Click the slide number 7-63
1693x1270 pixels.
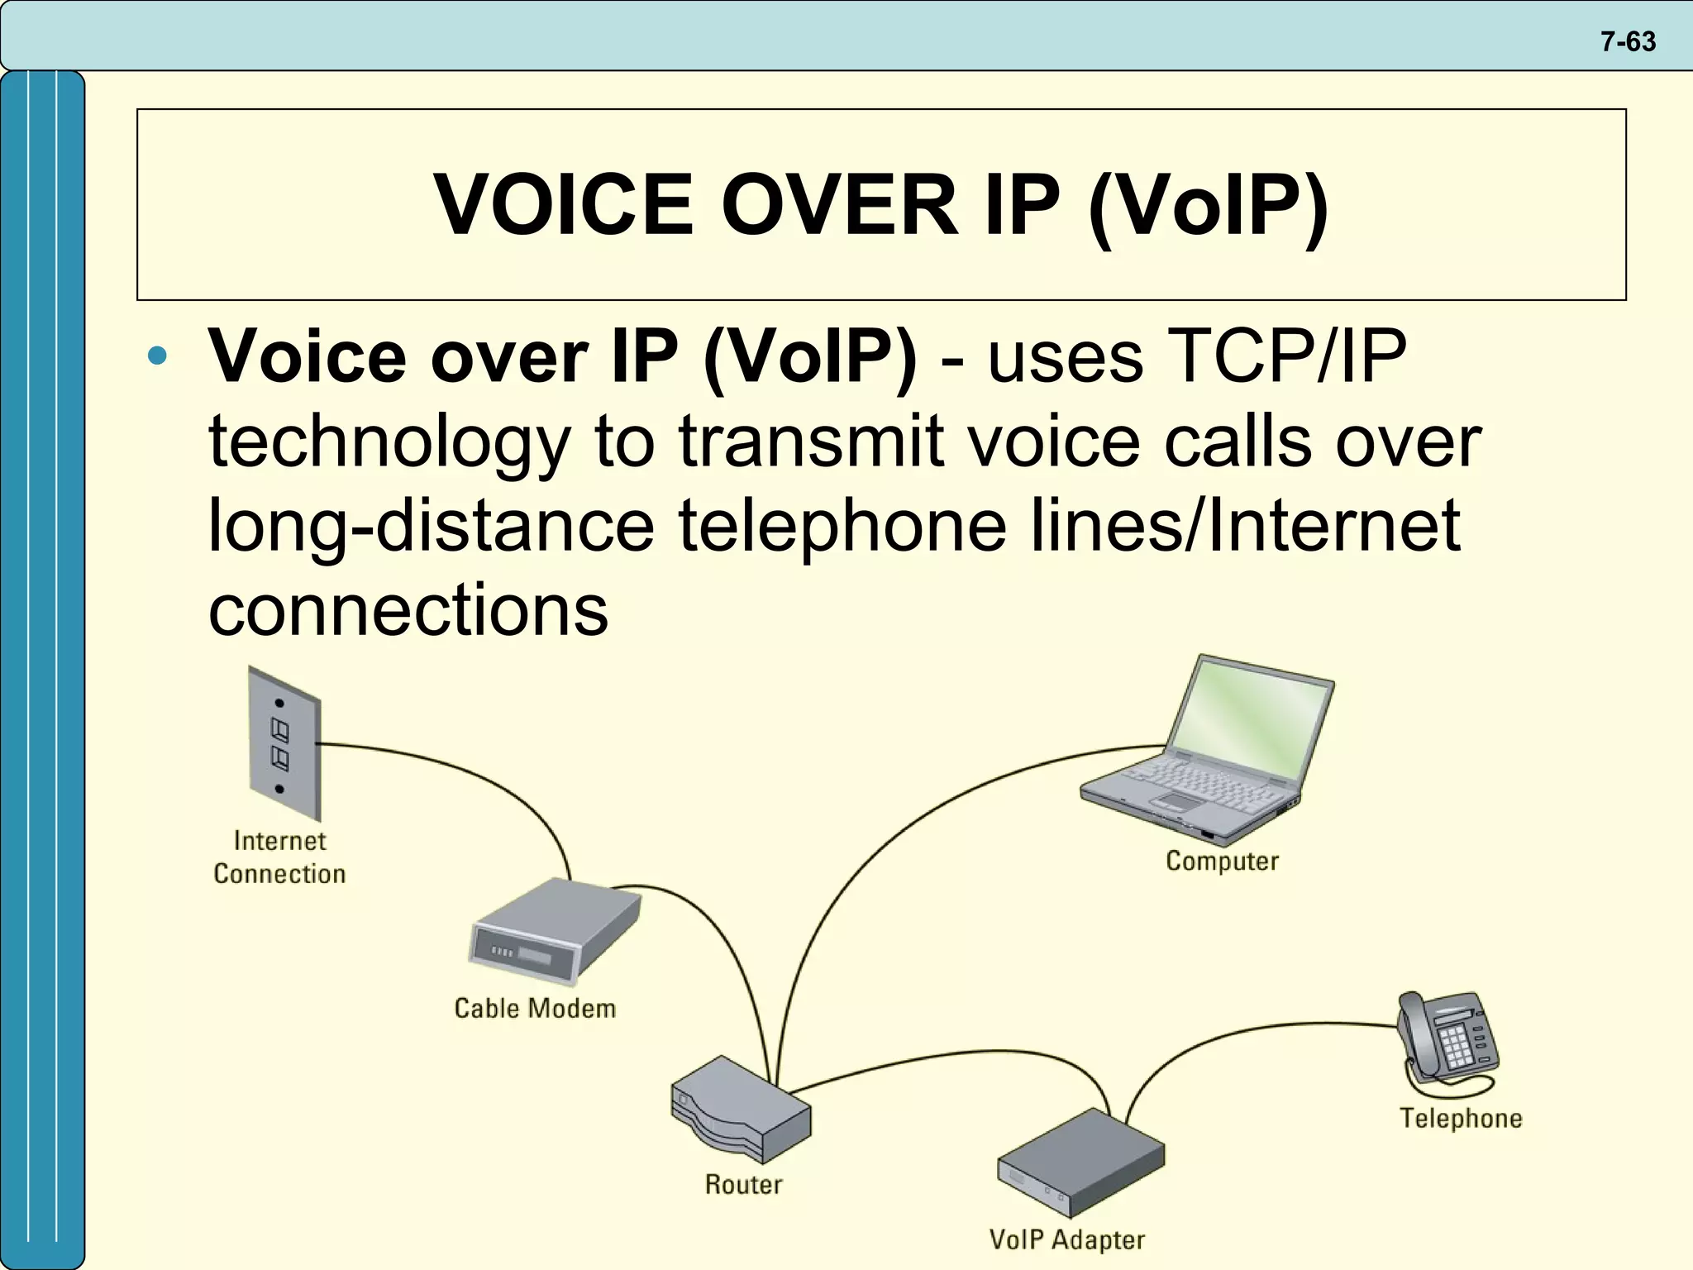(x=1628, y=41)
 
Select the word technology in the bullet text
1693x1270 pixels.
(x=389, y=442)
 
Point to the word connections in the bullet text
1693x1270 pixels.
(x=408, y=610)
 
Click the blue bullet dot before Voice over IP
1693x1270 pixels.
(x=157, y=357)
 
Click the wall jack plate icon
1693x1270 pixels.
(x=284, y=744)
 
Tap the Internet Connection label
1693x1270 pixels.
(x=279, y=857)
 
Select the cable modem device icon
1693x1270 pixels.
(x=554, y=930)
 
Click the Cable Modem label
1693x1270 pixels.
(x=535, y=1009)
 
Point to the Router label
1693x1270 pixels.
(x=743, y=1185)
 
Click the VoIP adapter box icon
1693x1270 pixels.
(x=1080, y=1163)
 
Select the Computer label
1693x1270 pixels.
(x=1222, y=862)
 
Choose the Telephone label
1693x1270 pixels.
(x=1461, y=1119)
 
